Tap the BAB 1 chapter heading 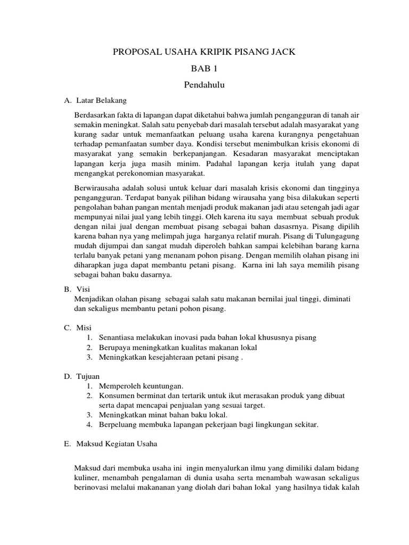(x=204, y=69)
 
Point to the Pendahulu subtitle (x=204, y=84)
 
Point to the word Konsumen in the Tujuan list (x=116, y=395)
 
